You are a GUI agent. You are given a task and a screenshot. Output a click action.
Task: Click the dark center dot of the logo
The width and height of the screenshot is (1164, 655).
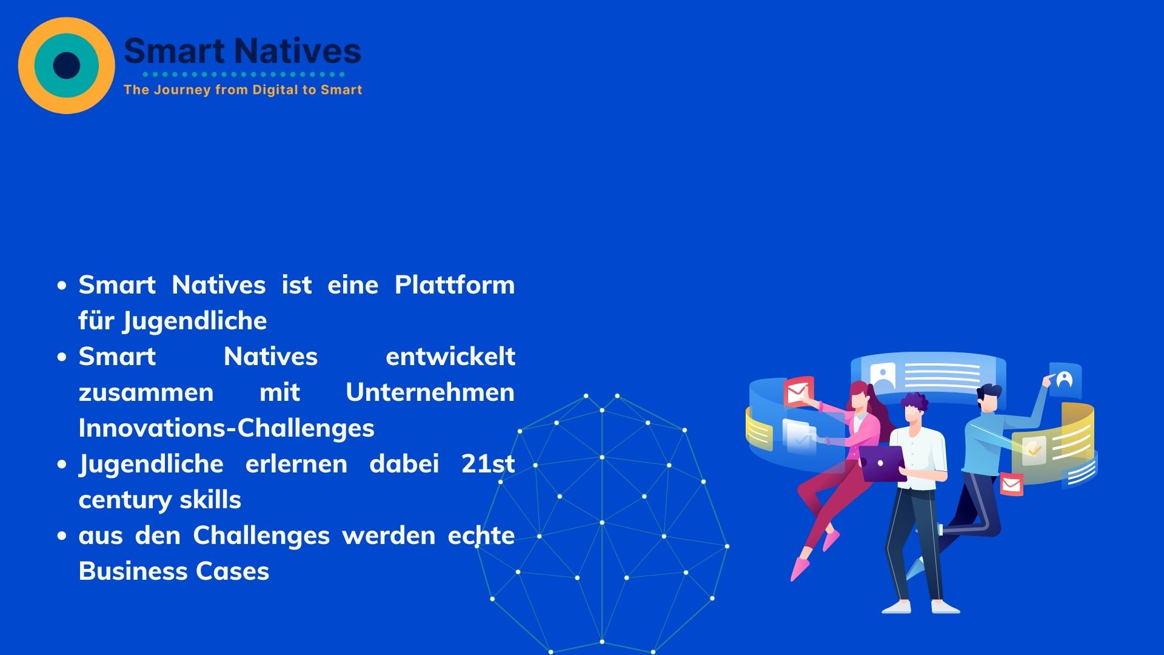pos(67,65)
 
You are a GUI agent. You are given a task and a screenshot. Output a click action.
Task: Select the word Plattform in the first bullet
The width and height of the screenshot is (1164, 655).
pos(455,285)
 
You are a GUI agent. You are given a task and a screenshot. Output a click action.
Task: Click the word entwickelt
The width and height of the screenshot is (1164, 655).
pos(450,357)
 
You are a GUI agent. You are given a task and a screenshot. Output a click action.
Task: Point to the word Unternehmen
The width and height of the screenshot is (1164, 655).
pos(430,392)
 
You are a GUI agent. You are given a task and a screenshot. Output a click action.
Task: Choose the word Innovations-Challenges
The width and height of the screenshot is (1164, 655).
pos(227,429)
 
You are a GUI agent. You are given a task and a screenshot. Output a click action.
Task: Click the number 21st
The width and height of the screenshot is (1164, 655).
pos(488,464)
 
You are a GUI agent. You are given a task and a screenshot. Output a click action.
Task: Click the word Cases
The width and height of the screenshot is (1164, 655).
pos(237,572)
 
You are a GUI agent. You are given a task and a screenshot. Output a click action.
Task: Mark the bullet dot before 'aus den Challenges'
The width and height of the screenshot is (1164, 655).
pos(62,536)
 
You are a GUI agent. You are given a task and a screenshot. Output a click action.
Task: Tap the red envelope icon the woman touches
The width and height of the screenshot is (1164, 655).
pos(798,392)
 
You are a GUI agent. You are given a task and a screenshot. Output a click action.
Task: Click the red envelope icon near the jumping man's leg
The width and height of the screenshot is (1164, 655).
pos(1011,484)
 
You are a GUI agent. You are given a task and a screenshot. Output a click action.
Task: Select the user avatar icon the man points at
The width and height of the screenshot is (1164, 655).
pos(1065,380)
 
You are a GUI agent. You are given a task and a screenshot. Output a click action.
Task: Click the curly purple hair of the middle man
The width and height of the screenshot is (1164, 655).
pos(914,401)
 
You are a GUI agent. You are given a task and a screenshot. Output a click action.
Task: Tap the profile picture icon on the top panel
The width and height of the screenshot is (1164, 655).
pos(883,376)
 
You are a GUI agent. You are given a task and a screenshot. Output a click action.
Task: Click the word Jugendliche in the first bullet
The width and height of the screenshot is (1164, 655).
pos(195,321)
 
